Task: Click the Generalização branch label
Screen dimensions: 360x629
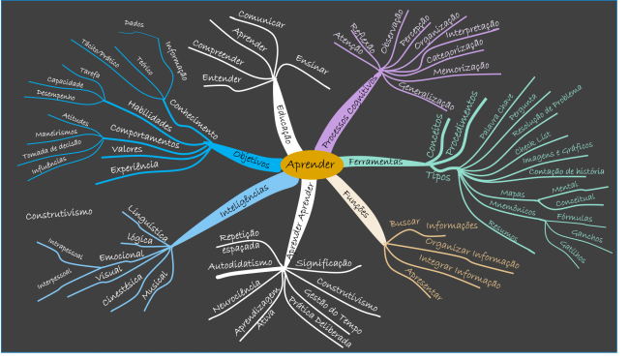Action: click(427, 95)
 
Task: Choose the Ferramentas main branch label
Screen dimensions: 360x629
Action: click(374, 161)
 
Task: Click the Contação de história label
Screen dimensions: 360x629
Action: click(554, 172)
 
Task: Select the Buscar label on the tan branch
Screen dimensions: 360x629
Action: click(404, 223)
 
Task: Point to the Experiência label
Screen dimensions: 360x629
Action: click(135, 166)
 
